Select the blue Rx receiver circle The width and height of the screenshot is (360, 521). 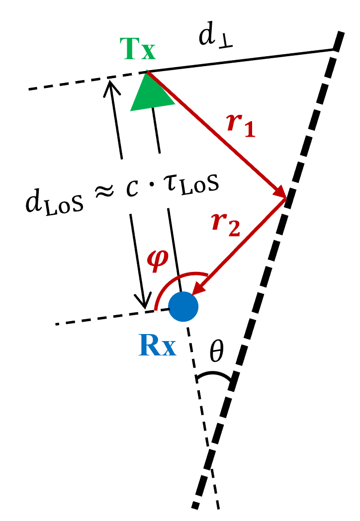[183, 306]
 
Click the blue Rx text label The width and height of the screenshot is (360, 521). [158, 347]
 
